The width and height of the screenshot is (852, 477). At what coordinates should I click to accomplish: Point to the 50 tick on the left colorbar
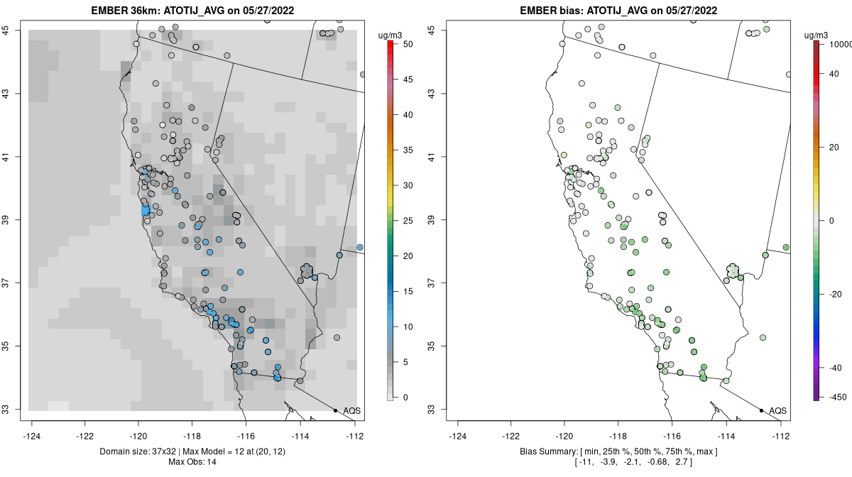coord(407,44)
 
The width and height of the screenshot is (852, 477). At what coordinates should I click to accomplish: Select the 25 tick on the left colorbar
coord(407,221)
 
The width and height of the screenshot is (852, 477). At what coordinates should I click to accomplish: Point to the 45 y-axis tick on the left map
coord(14,31)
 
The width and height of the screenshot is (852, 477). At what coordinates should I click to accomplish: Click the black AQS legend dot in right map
coord(761,411)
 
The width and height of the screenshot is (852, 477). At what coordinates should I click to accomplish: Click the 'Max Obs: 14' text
coord(192,462)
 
